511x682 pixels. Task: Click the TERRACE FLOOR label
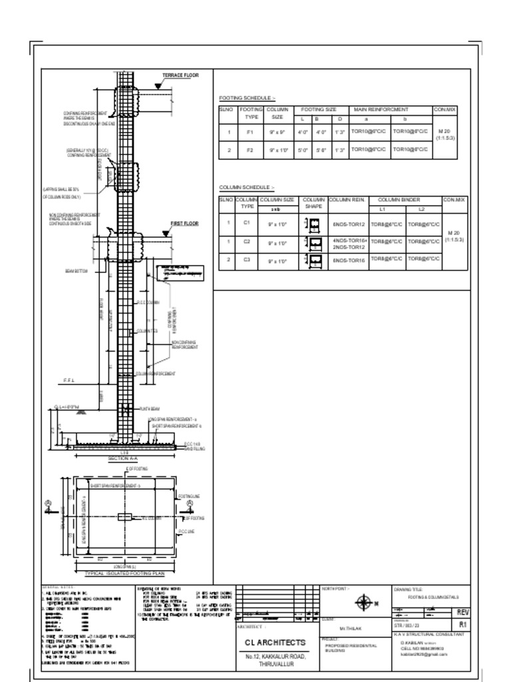point(180,75)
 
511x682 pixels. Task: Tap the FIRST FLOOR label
point(185,224)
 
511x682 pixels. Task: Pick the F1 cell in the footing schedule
point(251,133)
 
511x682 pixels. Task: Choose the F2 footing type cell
point(251,151)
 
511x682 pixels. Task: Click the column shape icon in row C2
point(313,242)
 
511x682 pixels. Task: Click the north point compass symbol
point(364,603)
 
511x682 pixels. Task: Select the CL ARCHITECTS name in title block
point(275,643)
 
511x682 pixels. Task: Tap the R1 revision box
point(462,625)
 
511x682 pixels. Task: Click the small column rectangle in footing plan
point(124,517)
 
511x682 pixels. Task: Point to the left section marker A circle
point(48,504)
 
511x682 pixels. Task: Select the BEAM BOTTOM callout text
point(77,271)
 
